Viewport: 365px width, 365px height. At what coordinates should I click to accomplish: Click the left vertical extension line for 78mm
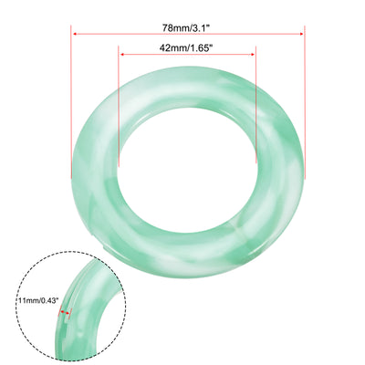click(71, 109)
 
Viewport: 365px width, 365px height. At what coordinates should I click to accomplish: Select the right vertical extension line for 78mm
click(304, 109)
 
